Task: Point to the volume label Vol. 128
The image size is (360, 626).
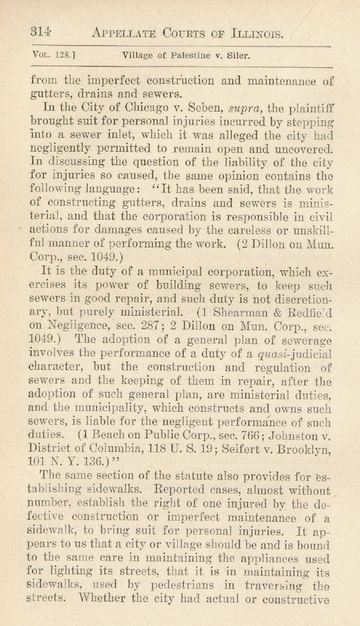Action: pyautogui.click(x=53, y=54)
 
